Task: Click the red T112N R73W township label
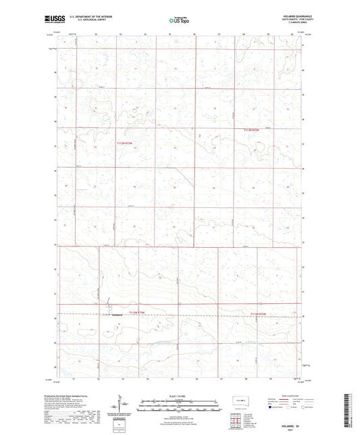click(127, 143)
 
